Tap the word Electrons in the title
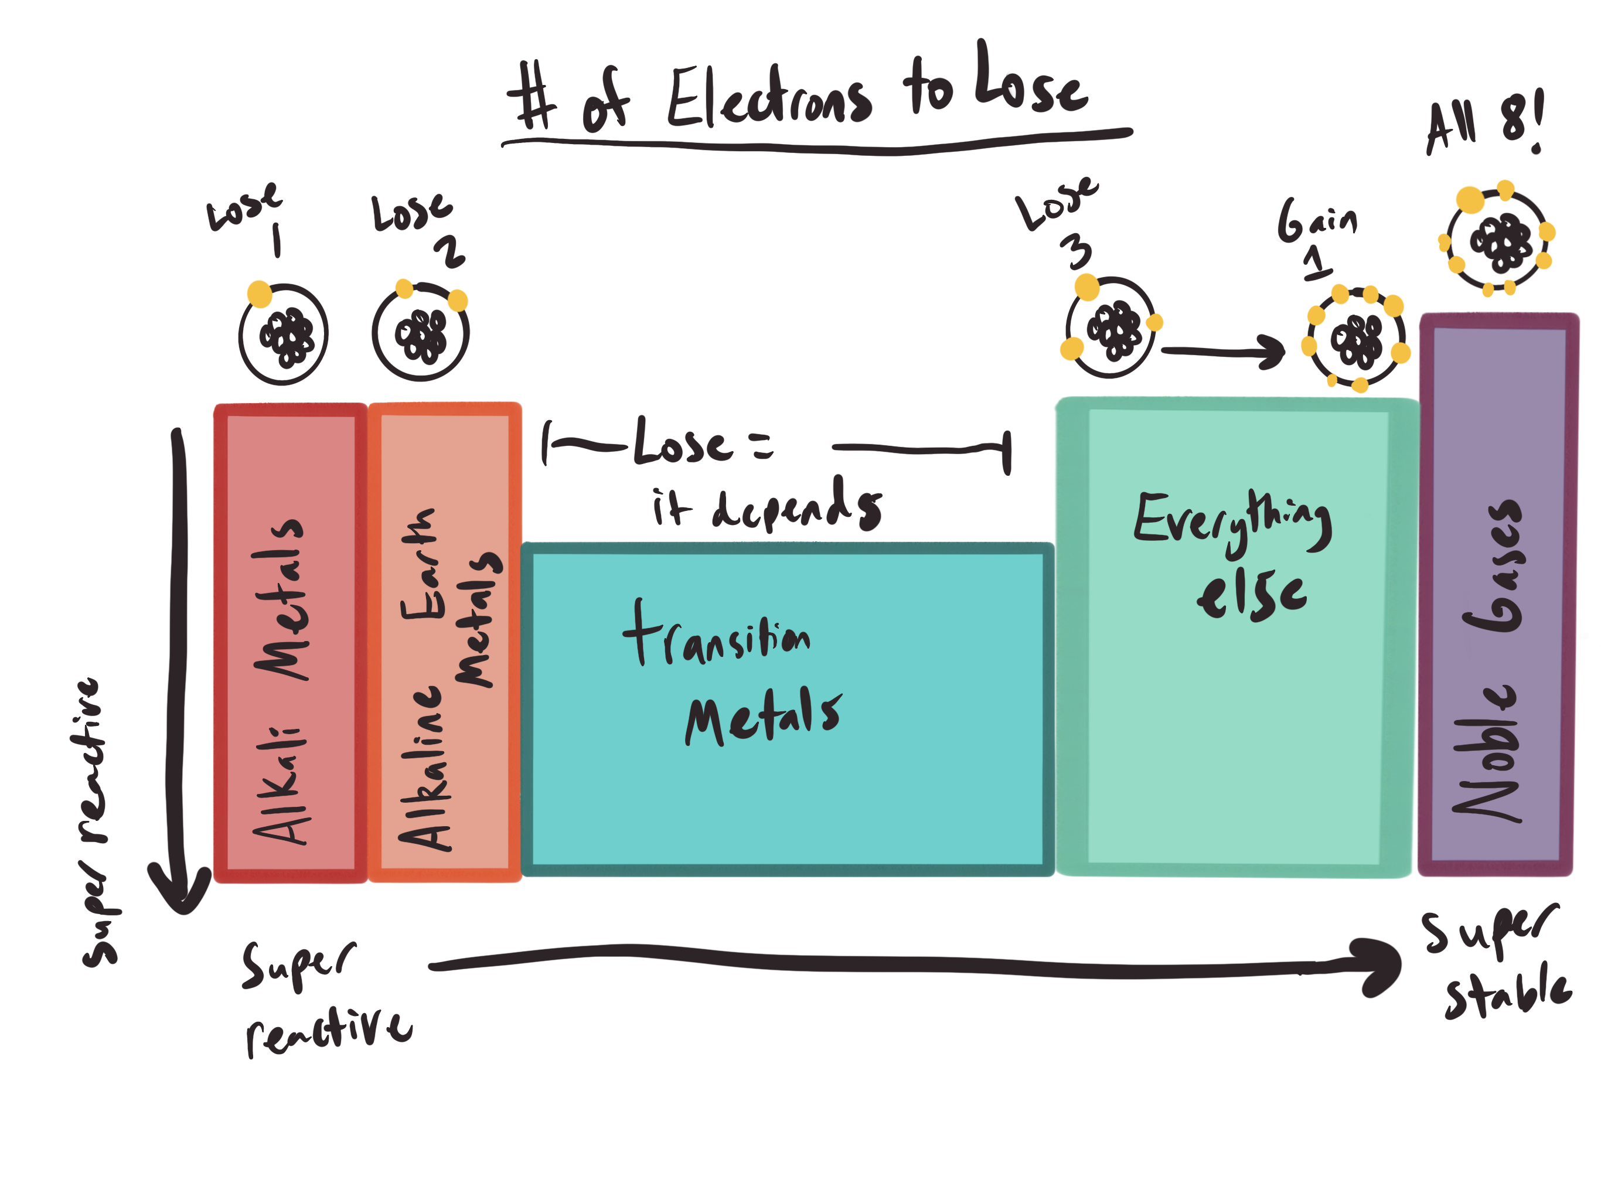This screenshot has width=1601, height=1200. point(769,98)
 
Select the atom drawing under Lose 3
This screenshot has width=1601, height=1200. point(1111,326)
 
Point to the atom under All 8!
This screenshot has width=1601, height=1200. point(1497,239)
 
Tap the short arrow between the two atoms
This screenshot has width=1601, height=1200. point(1223,352)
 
